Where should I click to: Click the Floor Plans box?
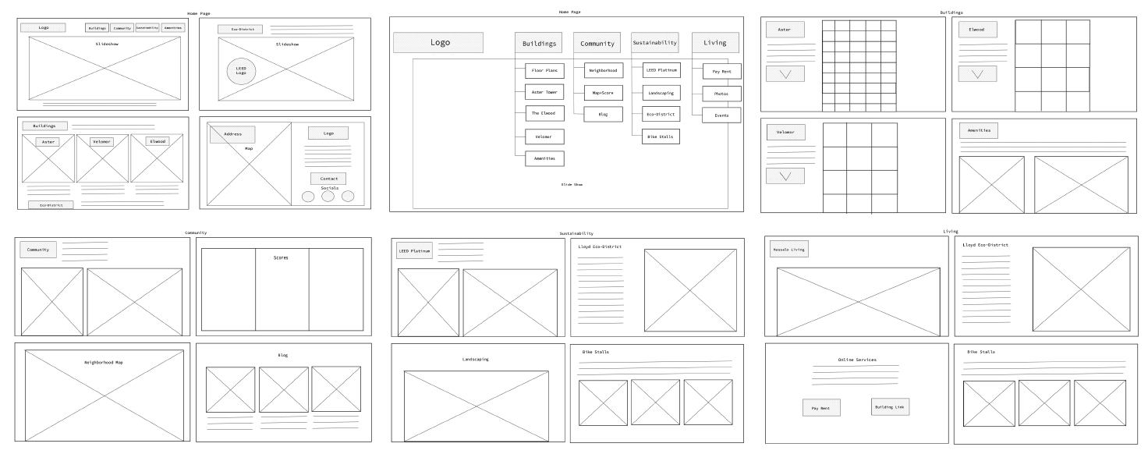click(544, 70)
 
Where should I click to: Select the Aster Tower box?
click(544, 92)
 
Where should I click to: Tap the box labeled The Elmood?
click(544, 114)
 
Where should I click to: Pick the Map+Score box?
click(604, 93)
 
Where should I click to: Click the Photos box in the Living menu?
click(721, 94)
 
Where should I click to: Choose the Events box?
click(721, 115)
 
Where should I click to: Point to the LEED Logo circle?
click(241, 71)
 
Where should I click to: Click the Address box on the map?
click(232, 134)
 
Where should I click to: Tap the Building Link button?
click(890, 406)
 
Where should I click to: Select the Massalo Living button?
click(788, 250)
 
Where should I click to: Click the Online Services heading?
click(857, 360)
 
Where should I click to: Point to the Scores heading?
click(281, 257)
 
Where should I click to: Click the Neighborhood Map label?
click(104, 363)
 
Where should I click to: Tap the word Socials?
click(329, 188)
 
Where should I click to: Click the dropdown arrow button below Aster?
click(785, 74)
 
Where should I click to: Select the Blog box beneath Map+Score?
click(604, 114)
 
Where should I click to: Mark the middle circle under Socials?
click(328, 197)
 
